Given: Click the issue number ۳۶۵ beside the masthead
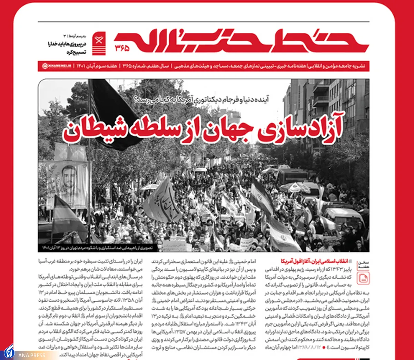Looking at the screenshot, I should [x=122, y=48].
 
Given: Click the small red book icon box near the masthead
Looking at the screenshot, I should [x=99, y=43].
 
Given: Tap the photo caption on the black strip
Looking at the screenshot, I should [x=97, y=248].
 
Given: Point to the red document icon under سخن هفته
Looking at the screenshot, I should [x=363, y=278].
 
